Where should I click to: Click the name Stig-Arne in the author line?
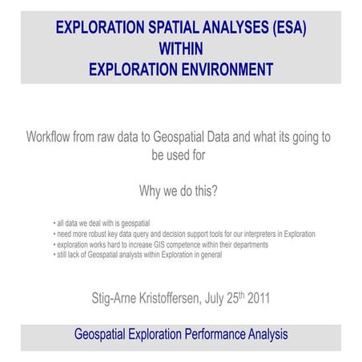(x=119, y=299)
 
